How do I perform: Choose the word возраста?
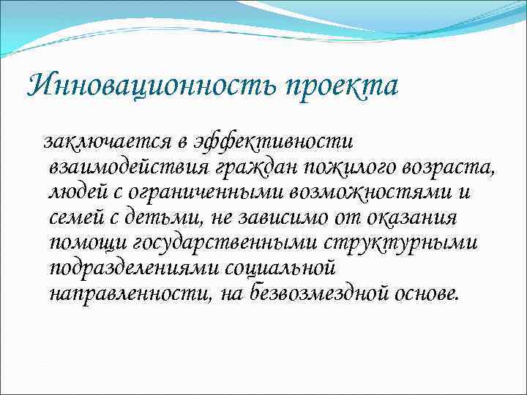[x=447, y=167]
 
